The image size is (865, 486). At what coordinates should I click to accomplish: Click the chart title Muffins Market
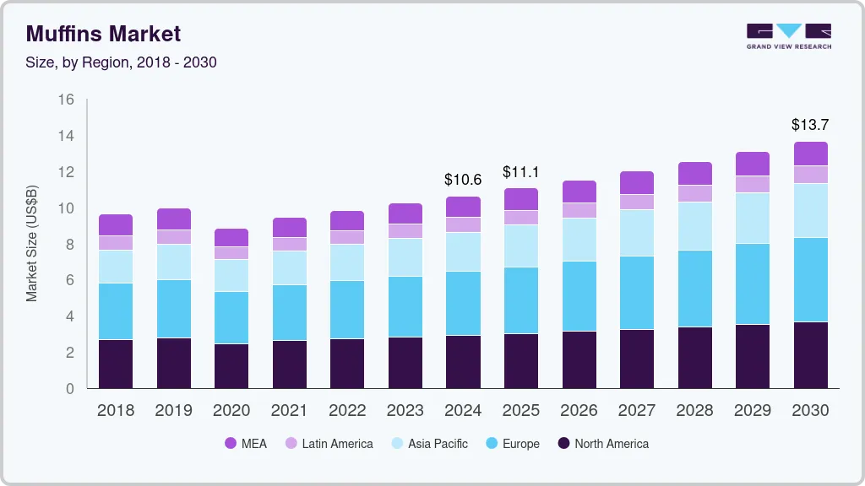coord(103,34)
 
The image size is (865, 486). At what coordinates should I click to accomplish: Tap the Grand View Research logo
coord(789,35)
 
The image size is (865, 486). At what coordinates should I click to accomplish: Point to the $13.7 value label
coord(810,125)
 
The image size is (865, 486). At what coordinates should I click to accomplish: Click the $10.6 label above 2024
coord(463,180)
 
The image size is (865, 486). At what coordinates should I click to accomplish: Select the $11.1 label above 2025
coord(521,172)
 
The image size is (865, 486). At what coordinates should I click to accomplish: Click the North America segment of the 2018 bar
coord(116,364)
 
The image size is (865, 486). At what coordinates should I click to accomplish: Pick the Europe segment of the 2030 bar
coord(810,279)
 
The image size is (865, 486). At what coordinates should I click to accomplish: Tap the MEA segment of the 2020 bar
coord(231,237)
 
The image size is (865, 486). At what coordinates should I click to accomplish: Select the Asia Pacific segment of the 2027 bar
coord(636,233)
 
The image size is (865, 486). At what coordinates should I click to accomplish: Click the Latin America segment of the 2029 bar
coord(752,184)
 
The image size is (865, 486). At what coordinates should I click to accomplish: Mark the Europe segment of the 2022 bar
coord(347,310)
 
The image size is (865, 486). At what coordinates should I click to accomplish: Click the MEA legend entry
coord(246,444)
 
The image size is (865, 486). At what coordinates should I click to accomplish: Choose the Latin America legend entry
coord(329,444)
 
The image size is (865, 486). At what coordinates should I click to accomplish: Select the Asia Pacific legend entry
coord(428,444)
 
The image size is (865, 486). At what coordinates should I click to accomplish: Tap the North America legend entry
coord(602,444)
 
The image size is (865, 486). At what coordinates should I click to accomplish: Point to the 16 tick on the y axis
coord(66,100)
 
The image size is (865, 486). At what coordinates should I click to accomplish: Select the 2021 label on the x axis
coord(290,411)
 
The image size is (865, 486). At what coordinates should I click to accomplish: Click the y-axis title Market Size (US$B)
coord(32,242)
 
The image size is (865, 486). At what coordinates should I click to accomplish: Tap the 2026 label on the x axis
coord(579,411)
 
